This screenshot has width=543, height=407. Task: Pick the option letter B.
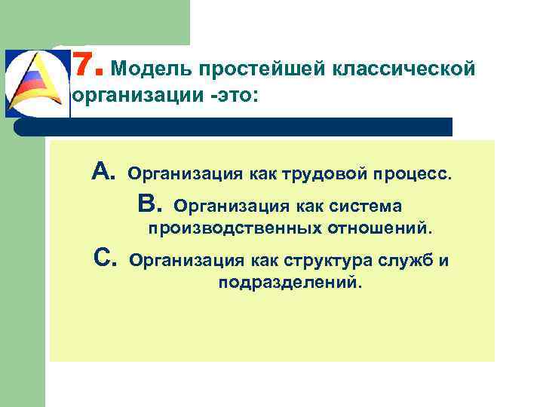coord(150,203)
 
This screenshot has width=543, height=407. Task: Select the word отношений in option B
coord(381,228)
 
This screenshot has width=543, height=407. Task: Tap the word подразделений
coord(290,283)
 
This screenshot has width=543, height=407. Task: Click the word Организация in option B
coord(224,206)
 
